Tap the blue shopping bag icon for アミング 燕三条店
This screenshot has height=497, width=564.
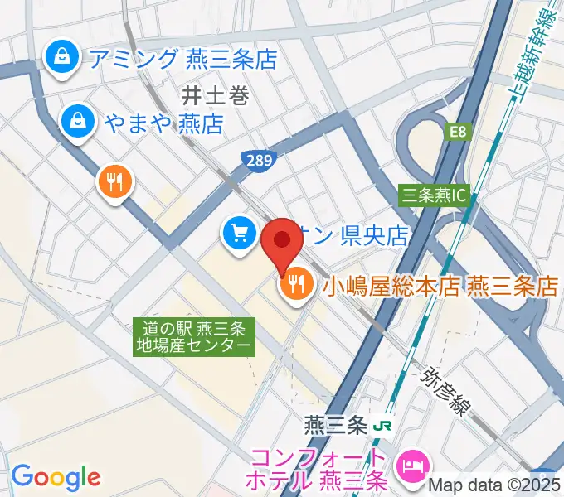[62, 57]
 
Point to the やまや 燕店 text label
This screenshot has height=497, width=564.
[163, 124]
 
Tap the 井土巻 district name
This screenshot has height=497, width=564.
[216, 97]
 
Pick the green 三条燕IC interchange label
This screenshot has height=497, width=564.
[434, 195]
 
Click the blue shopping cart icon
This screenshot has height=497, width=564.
[240, 233]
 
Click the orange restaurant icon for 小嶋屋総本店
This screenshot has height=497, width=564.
[294, 286]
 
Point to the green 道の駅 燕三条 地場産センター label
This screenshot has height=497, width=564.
[194, 335]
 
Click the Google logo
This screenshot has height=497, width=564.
[56, 476]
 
